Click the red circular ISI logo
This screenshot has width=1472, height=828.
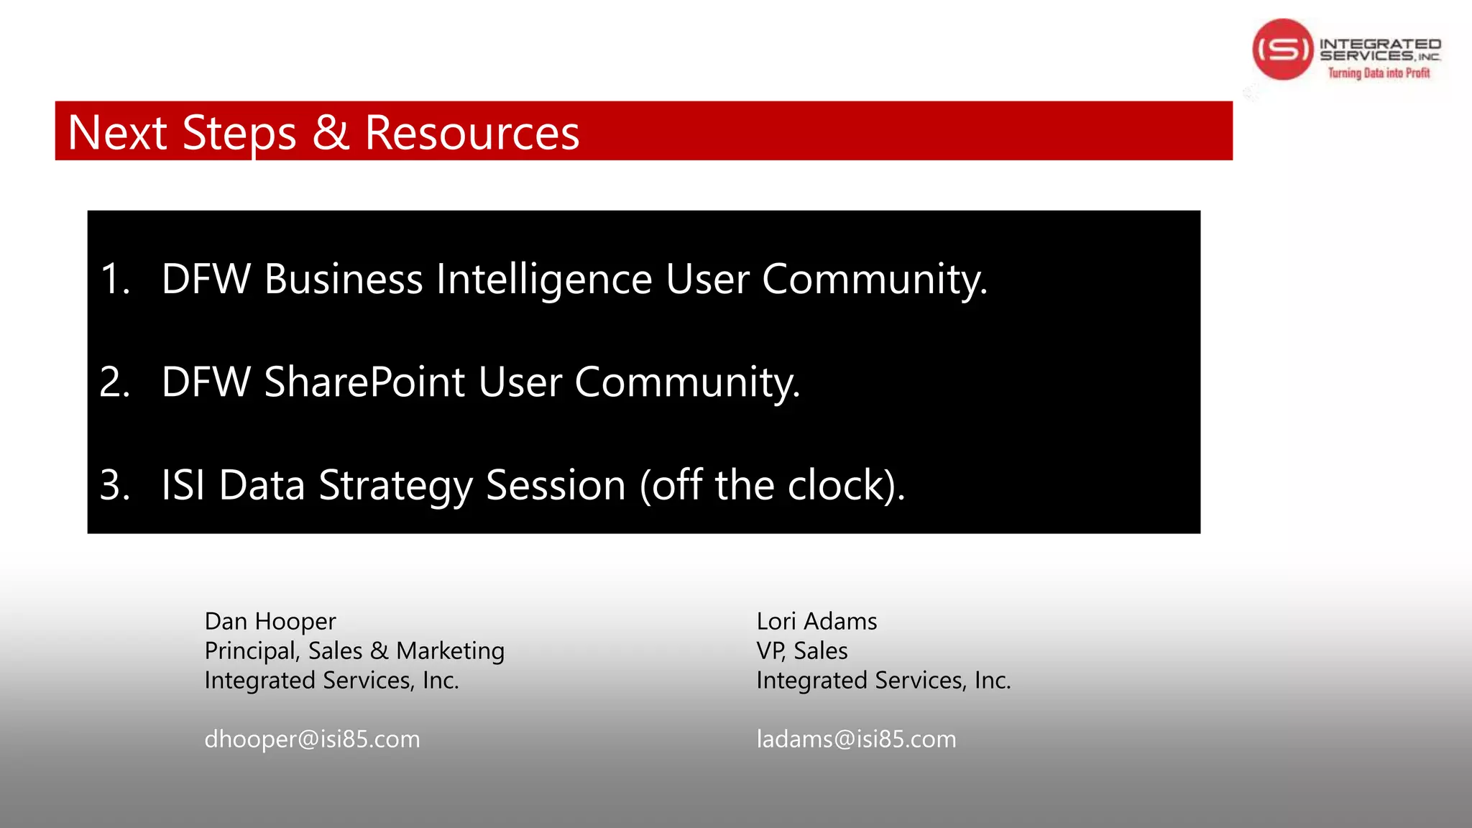[x=1283, y=49]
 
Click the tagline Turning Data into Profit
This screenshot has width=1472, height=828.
[x=1379, y=73]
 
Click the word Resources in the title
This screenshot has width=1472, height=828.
[x=471, y=133]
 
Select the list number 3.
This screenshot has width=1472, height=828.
[x=114, y=485]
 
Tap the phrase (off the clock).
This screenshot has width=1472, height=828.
[x=772, y=485]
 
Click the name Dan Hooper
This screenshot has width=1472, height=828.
[x=270, y=621]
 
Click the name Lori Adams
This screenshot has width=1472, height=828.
[x=816, y=621]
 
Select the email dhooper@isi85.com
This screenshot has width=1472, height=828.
[x=312, y=739]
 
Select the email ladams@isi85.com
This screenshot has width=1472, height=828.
[x=856, y=739]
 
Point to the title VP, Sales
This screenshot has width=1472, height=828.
[x=801, y=650]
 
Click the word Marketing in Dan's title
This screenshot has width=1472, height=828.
[x=450, y=650]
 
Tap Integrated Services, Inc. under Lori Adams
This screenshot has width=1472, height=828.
[x=883, y=680]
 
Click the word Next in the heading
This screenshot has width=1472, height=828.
[x=117, y=133]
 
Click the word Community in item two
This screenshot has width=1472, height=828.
[x=686, y=382]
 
